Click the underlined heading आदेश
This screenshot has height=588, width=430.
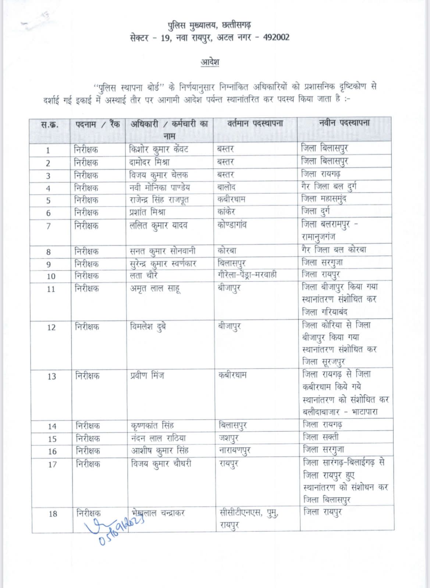(210, 62)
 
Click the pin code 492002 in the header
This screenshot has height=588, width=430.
(276, 37)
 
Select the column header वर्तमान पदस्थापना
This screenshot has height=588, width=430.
(255, 123)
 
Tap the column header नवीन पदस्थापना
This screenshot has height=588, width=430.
(344, 123)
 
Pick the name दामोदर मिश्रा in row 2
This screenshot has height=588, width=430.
(149, 162)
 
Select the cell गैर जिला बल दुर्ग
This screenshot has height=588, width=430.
(328, 187)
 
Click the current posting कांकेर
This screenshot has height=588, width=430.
(226, 212)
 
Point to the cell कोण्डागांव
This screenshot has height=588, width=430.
(232, 225)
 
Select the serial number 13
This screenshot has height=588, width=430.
(51, 376)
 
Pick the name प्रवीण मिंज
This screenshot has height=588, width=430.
(147, 376)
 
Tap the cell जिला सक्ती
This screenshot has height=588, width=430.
(320, 437)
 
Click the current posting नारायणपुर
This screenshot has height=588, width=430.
(234, 451)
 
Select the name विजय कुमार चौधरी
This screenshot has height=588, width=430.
(161, 464)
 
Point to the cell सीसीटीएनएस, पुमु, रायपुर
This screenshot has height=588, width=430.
(249, 519)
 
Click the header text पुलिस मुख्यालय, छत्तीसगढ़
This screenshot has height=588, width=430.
(209, 25)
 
